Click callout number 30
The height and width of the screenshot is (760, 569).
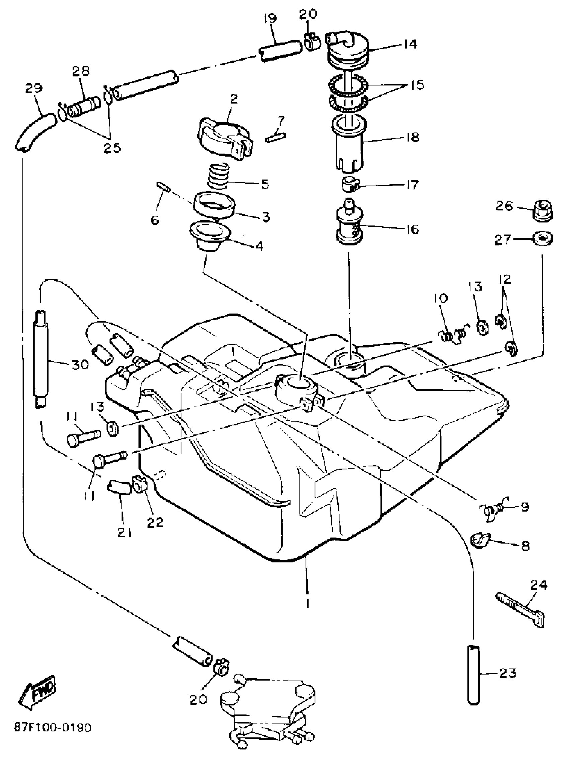click(x=80, y=364)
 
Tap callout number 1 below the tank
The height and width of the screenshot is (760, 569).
click(x=307, y=603)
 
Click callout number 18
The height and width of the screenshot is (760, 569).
click(x=412, y=137)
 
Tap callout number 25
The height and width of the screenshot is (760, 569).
click(x=112, y=148)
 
